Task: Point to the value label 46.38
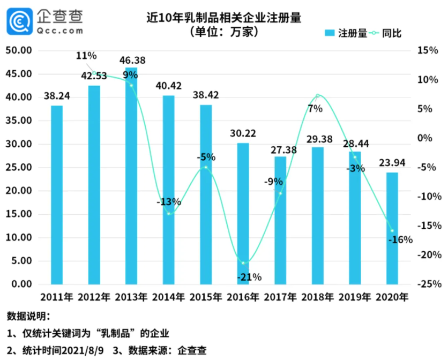[132, 61]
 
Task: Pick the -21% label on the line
[247, 277]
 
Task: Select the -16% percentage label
[399, 240]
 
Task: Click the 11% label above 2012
[86, 56]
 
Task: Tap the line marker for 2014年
[168, 214]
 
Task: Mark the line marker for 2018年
[317, 96]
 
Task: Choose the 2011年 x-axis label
[57, 297]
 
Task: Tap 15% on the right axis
[427, 50]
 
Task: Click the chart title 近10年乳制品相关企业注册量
[225, 18]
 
